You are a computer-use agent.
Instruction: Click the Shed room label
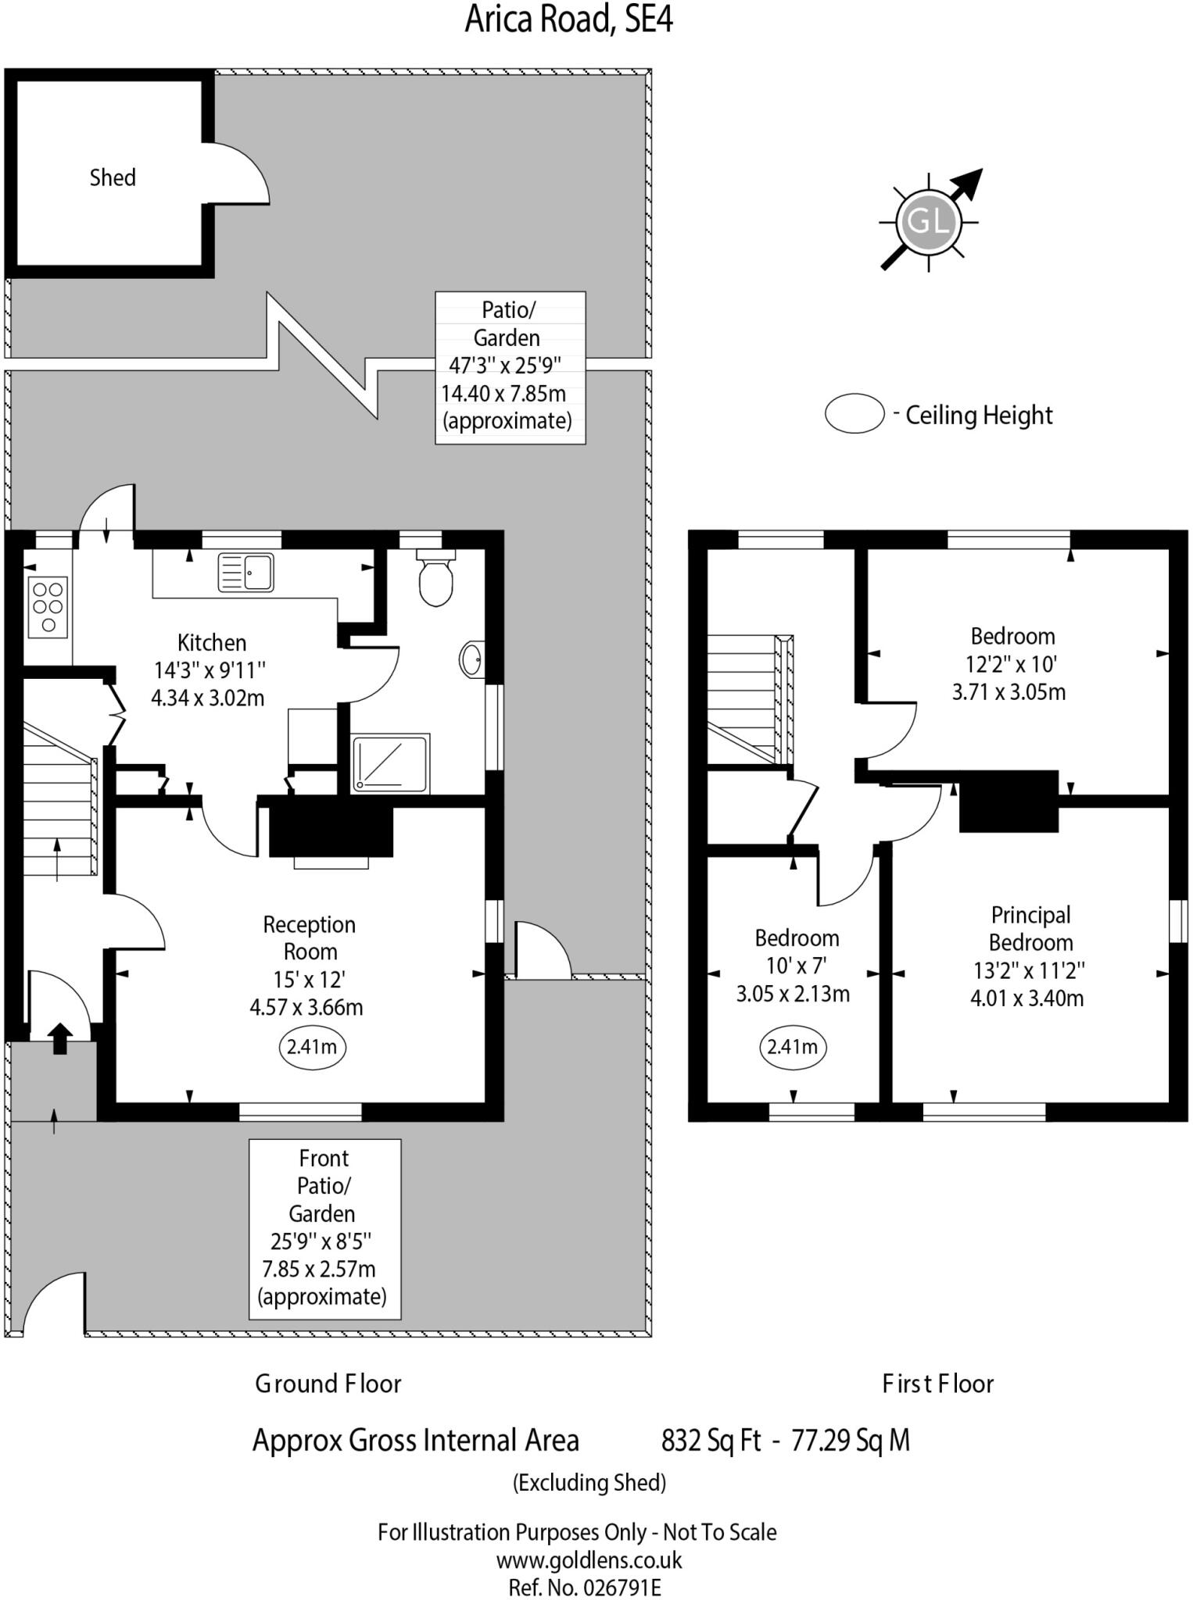tap(113, 177)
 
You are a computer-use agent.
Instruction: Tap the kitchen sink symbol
tap(245, 572)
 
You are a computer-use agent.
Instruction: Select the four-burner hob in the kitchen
tap(48, 607)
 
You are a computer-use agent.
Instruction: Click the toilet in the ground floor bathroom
tap(435, 579)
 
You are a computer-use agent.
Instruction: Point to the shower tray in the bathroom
tap(390, 762)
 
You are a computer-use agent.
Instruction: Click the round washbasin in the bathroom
tap(471, 659)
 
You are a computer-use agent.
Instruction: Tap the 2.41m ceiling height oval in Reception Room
tap(312, 1046)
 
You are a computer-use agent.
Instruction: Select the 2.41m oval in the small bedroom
tap(792, 1046)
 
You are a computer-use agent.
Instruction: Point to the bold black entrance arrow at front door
tap(60, 1039)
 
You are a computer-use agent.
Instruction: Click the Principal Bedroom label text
tap(1030, 928)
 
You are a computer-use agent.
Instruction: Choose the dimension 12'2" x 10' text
tap(1011, 664)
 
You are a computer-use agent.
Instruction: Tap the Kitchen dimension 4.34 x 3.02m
tap(208, 698)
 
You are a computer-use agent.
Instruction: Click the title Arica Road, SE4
tap(568, 20)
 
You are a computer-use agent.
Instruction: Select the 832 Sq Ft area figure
tap(710, 1439)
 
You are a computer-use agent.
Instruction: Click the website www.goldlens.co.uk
tap(589, 1560)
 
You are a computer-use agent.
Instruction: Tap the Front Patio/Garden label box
tap(324, 1228)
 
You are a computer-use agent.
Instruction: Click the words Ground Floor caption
tap(328, 1384)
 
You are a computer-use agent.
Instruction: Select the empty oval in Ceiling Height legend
tap(854, 413)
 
